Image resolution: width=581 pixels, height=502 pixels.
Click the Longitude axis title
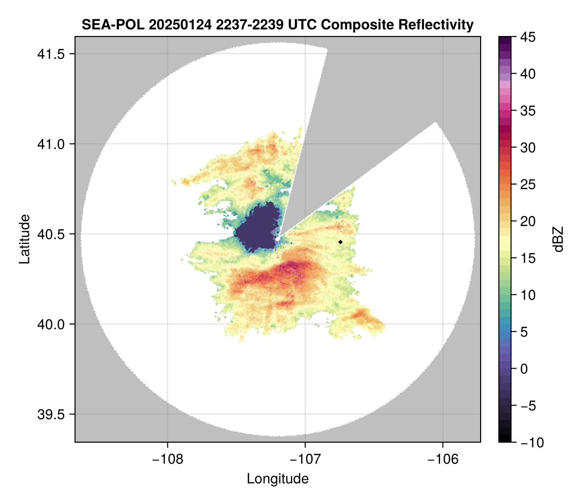point(277,479)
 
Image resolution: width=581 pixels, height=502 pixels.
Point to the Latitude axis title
point(24,239)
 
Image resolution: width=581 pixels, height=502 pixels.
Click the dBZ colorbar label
point(559,239)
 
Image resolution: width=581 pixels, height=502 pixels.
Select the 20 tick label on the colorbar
point(528,222)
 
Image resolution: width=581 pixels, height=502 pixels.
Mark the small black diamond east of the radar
point(341,242)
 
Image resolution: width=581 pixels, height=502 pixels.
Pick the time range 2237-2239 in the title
point(245,24)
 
